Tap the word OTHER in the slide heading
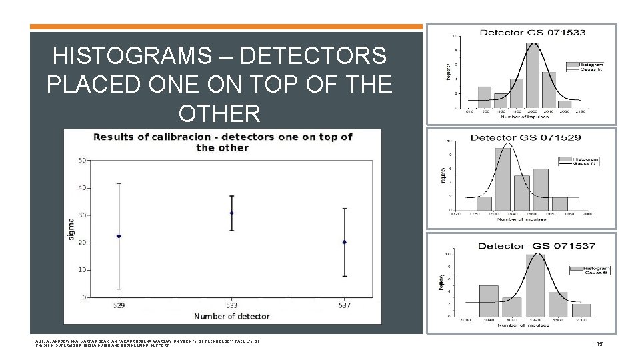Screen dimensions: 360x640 tap(219, 113)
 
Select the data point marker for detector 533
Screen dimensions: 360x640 tap(231, 213)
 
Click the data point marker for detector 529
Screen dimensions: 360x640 tap(119, 236)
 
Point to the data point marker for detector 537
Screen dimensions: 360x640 tap(344, 242)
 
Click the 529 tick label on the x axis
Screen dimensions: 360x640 tap(119, 306)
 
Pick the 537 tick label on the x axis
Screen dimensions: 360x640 tap(344, 306)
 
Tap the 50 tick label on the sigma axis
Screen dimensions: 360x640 tap(82, 160)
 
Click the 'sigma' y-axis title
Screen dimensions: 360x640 tap(71, 228)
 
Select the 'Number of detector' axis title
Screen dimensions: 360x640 tap(231, 316)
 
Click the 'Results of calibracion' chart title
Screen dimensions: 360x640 tap(223, 141)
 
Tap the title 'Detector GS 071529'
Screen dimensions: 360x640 tap(525, 137)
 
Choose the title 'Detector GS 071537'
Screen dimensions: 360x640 tap(537, 246)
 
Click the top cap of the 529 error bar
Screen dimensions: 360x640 tap(119, 183)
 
